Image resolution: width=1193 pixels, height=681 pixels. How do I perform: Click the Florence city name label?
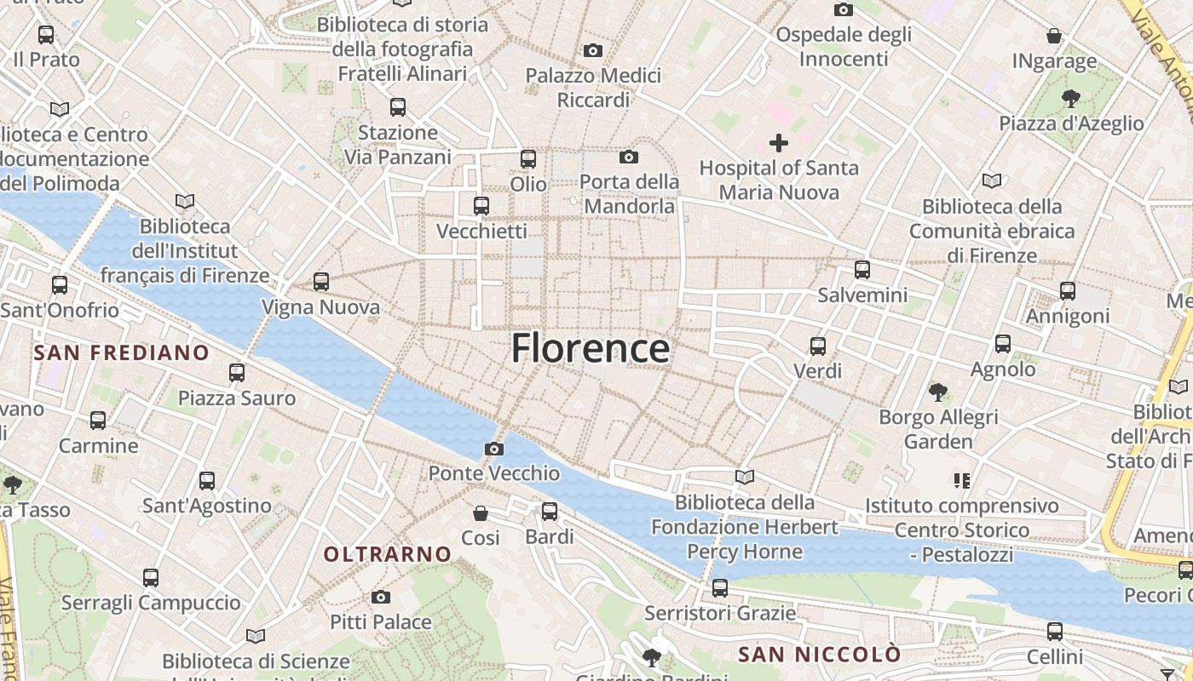[590, 349]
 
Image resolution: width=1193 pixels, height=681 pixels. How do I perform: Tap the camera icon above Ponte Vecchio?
[493, 449]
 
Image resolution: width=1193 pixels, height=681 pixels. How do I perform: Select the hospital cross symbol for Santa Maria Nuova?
[779, 143]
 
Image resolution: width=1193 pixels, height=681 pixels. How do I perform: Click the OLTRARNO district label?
[388, 554]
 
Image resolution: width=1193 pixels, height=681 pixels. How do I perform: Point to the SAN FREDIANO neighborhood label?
[121, 352]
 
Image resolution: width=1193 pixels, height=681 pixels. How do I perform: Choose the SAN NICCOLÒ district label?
[820, 654]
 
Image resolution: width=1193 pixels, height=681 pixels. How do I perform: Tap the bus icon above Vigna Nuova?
[321, 282]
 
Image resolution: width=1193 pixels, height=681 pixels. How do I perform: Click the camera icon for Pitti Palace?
[381, 598]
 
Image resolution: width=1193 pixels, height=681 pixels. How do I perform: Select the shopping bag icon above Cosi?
[481, 513]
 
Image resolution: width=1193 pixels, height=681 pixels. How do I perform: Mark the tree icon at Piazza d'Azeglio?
[1071, 99]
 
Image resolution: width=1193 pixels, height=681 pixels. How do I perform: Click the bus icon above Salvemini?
[862, 271]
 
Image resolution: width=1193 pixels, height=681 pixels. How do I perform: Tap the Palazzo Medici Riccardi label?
[593, 88]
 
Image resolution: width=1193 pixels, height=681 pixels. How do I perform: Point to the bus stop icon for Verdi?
[818, 346]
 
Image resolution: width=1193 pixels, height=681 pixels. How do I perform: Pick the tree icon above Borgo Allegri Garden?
[938, 392]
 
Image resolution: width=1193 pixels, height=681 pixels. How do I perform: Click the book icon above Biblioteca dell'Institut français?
[185, 202]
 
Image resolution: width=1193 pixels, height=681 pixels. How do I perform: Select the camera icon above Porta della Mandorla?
[629, 157]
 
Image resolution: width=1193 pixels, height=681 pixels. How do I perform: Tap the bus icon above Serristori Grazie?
[720, 588]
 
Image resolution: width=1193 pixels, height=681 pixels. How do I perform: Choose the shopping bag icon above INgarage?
[1054, 36]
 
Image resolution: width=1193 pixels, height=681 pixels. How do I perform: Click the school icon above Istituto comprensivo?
[962, 481]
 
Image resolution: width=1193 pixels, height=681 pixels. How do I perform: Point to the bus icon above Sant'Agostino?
[207, 481]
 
